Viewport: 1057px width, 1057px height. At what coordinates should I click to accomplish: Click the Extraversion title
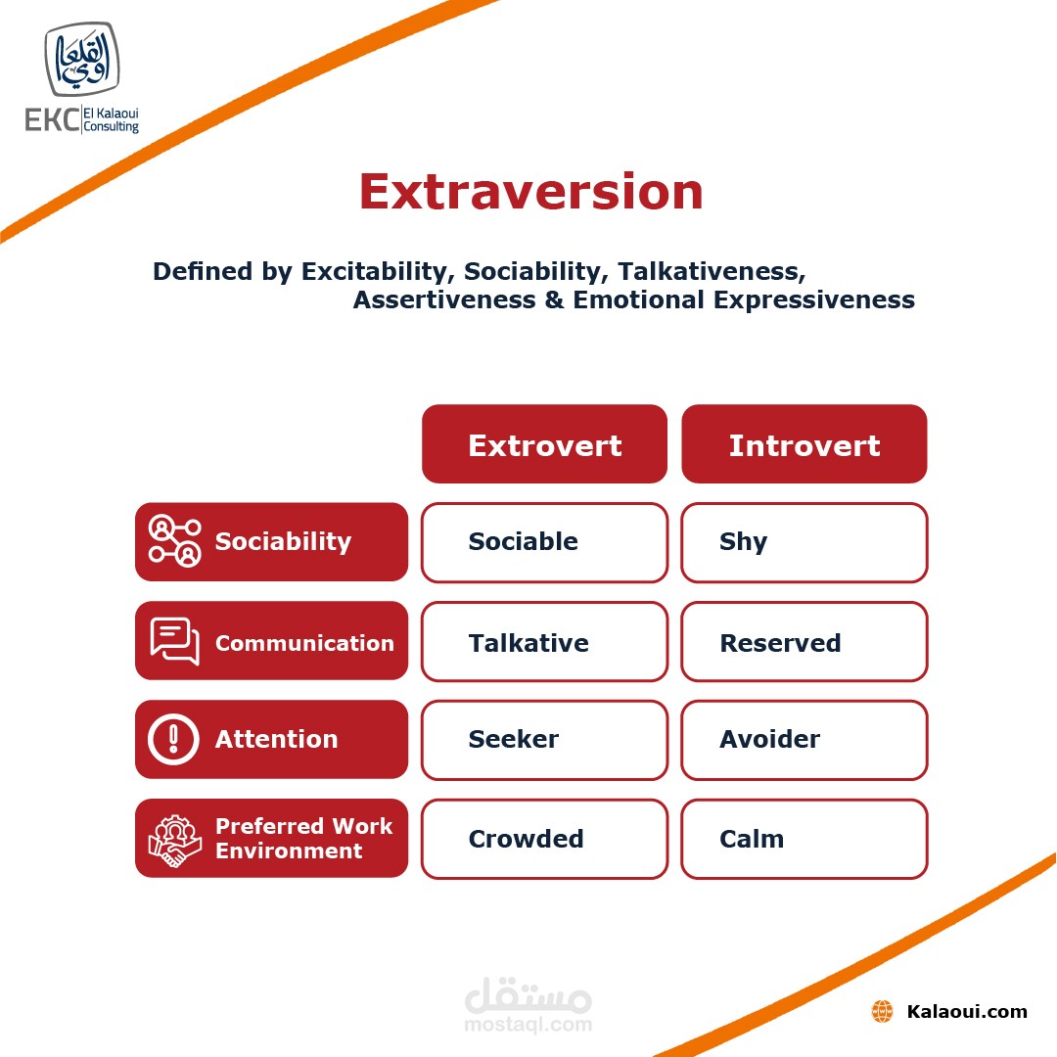(x=531, y=192)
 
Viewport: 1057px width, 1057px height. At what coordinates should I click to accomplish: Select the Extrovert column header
(x=545, y=444)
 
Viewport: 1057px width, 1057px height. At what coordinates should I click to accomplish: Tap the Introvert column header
(x=804, y=444)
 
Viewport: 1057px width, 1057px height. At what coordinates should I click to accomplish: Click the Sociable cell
(x=545, y=542)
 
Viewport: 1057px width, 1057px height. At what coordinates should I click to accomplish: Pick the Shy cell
(x=804, y=542)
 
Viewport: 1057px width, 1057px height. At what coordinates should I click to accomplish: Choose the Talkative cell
(x=545, y=642)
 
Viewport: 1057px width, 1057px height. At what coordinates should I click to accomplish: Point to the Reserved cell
(x=804, y=642)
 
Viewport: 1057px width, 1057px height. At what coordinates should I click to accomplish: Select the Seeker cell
(x=545, y=740)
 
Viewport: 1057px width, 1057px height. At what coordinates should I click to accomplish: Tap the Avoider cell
(x=804, y=740)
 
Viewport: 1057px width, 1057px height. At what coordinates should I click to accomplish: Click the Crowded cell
(x=545, y=840)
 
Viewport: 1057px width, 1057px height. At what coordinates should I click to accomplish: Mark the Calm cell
(x=804, y=840)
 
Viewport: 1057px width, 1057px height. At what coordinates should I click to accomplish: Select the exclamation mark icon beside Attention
(x=173, y=739)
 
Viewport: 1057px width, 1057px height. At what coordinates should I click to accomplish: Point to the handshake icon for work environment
(x=174, y=841)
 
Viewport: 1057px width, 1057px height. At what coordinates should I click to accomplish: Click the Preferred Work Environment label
(x=303, y=838)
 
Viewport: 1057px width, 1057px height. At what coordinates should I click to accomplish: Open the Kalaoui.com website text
(x=967, y=1011)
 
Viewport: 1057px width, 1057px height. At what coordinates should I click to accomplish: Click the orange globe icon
(x=882, y=1011)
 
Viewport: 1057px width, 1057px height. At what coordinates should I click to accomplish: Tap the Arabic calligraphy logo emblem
(x=82, y=60)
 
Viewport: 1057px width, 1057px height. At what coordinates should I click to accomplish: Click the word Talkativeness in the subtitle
(x=712, y=271)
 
